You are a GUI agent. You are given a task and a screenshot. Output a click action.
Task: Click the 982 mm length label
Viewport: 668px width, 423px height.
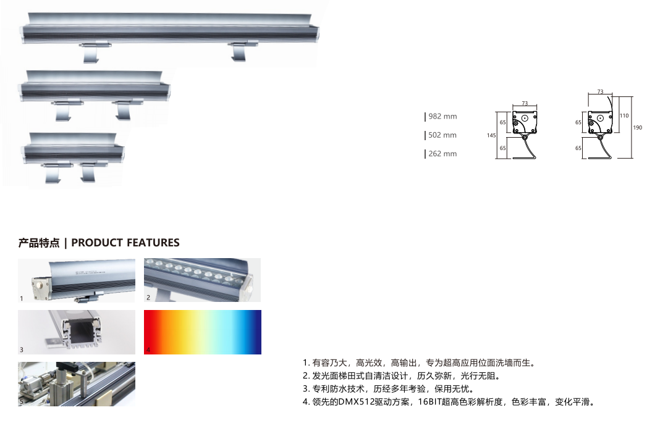click(x=442, y=116)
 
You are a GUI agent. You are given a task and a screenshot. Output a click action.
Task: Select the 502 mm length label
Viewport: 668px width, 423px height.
click(x=442, y=135)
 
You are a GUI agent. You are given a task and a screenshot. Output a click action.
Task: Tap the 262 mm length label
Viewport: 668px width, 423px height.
click(x=442, y=154)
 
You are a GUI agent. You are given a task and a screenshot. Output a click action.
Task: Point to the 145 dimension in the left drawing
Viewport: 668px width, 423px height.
click(x=491, y=135)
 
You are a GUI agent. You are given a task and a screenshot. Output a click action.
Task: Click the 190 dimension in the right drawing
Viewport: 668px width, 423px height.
click(x=637, y=127)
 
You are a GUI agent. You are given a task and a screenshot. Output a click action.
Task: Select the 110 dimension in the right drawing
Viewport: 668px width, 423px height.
click(x=624, y=115)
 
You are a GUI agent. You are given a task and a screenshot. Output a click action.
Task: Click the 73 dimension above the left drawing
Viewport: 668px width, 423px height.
click(x=525, y=103)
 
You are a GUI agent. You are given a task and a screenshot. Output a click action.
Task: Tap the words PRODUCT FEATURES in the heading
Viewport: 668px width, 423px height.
click(x=125, y=243)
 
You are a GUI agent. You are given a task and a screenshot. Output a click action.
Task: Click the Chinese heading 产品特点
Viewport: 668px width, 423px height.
click(x=39, y=243)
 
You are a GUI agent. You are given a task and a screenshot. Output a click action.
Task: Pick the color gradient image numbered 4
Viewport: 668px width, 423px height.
click(x=202, y=332)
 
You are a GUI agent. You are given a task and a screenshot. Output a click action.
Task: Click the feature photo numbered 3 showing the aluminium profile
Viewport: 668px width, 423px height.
click(x=77, y=332)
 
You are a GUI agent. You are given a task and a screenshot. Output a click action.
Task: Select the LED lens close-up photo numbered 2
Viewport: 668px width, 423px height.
click(x=202, y=280)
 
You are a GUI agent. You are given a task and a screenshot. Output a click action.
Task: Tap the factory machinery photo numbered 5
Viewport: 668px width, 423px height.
click(x=77, y=384)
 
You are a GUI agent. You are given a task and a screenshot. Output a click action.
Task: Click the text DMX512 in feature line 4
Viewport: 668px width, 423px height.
click(x=356, y=402)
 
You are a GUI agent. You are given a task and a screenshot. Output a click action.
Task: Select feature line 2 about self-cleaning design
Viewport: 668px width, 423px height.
click(x=401, y=376)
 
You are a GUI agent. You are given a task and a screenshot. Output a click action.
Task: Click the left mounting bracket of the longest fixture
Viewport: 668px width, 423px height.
click(x=93, y=51)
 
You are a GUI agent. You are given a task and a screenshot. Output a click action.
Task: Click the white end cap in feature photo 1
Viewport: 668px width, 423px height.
click(x=39, y=283)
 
